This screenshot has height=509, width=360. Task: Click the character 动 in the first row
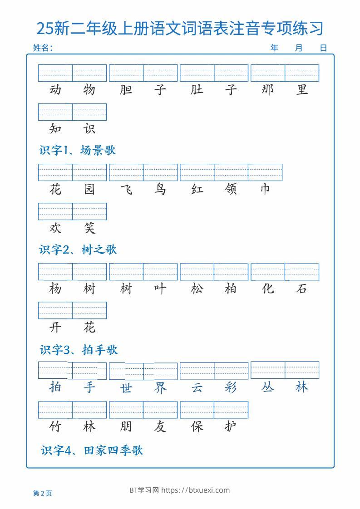(x=55, y=90)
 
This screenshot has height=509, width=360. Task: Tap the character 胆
(x=126, y=90)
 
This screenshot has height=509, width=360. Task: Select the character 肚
(x=197, y=90)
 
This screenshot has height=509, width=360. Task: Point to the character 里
(x=302, y=90)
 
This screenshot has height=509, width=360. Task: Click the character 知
(x=55, y=129)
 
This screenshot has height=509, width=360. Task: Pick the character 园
(x=89, y=189)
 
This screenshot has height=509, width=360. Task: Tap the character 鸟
(x=160, y=189)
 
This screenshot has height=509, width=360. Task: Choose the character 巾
(x=265, y=189)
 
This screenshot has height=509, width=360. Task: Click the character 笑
(x=89, y=228)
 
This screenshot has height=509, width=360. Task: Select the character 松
(x=197, y=289)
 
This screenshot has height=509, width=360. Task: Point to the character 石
(x=302, y=289)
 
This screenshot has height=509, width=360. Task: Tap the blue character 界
(x=160, y=388)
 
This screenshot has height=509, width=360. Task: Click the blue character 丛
(x=268, y=387)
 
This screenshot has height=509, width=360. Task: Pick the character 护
(x=231, y=426)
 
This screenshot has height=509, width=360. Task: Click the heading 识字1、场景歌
(x=77, y=150)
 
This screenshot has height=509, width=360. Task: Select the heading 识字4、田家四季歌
(x=92, y=450)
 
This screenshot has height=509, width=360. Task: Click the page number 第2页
(x=43, y=493)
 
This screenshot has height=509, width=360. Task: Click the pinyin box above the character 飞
(x=126, y=172)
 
